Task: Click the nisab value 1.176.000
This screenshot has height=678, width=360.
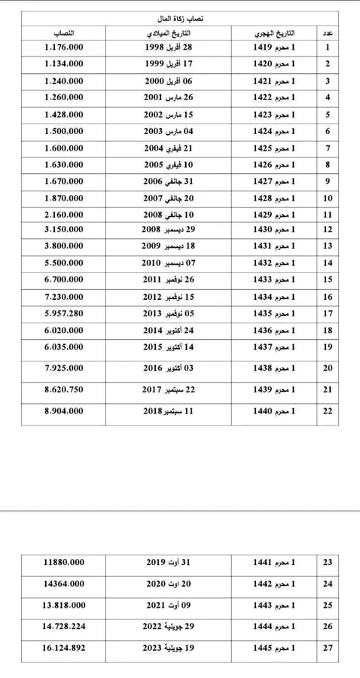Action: [64, 47]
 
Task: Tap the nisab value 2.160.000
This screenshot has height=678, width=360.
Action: [64, 215]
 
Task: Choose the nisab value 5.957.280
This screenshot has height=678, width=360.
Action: [64, 313]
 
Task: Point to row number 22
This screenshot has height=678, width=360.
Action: [328, 412]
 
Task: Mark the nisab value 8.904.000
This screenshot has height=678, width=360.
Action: [64, 412]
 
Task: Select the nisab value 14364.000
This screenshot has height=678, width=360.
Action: [64, 584]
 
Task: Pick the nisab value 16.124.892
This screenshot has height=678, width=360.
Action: [64, 647]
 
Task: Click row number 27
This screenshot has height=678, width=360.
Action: [328, 647]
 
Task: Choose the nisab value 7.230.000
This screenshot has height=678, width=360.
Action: [64, 296]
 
